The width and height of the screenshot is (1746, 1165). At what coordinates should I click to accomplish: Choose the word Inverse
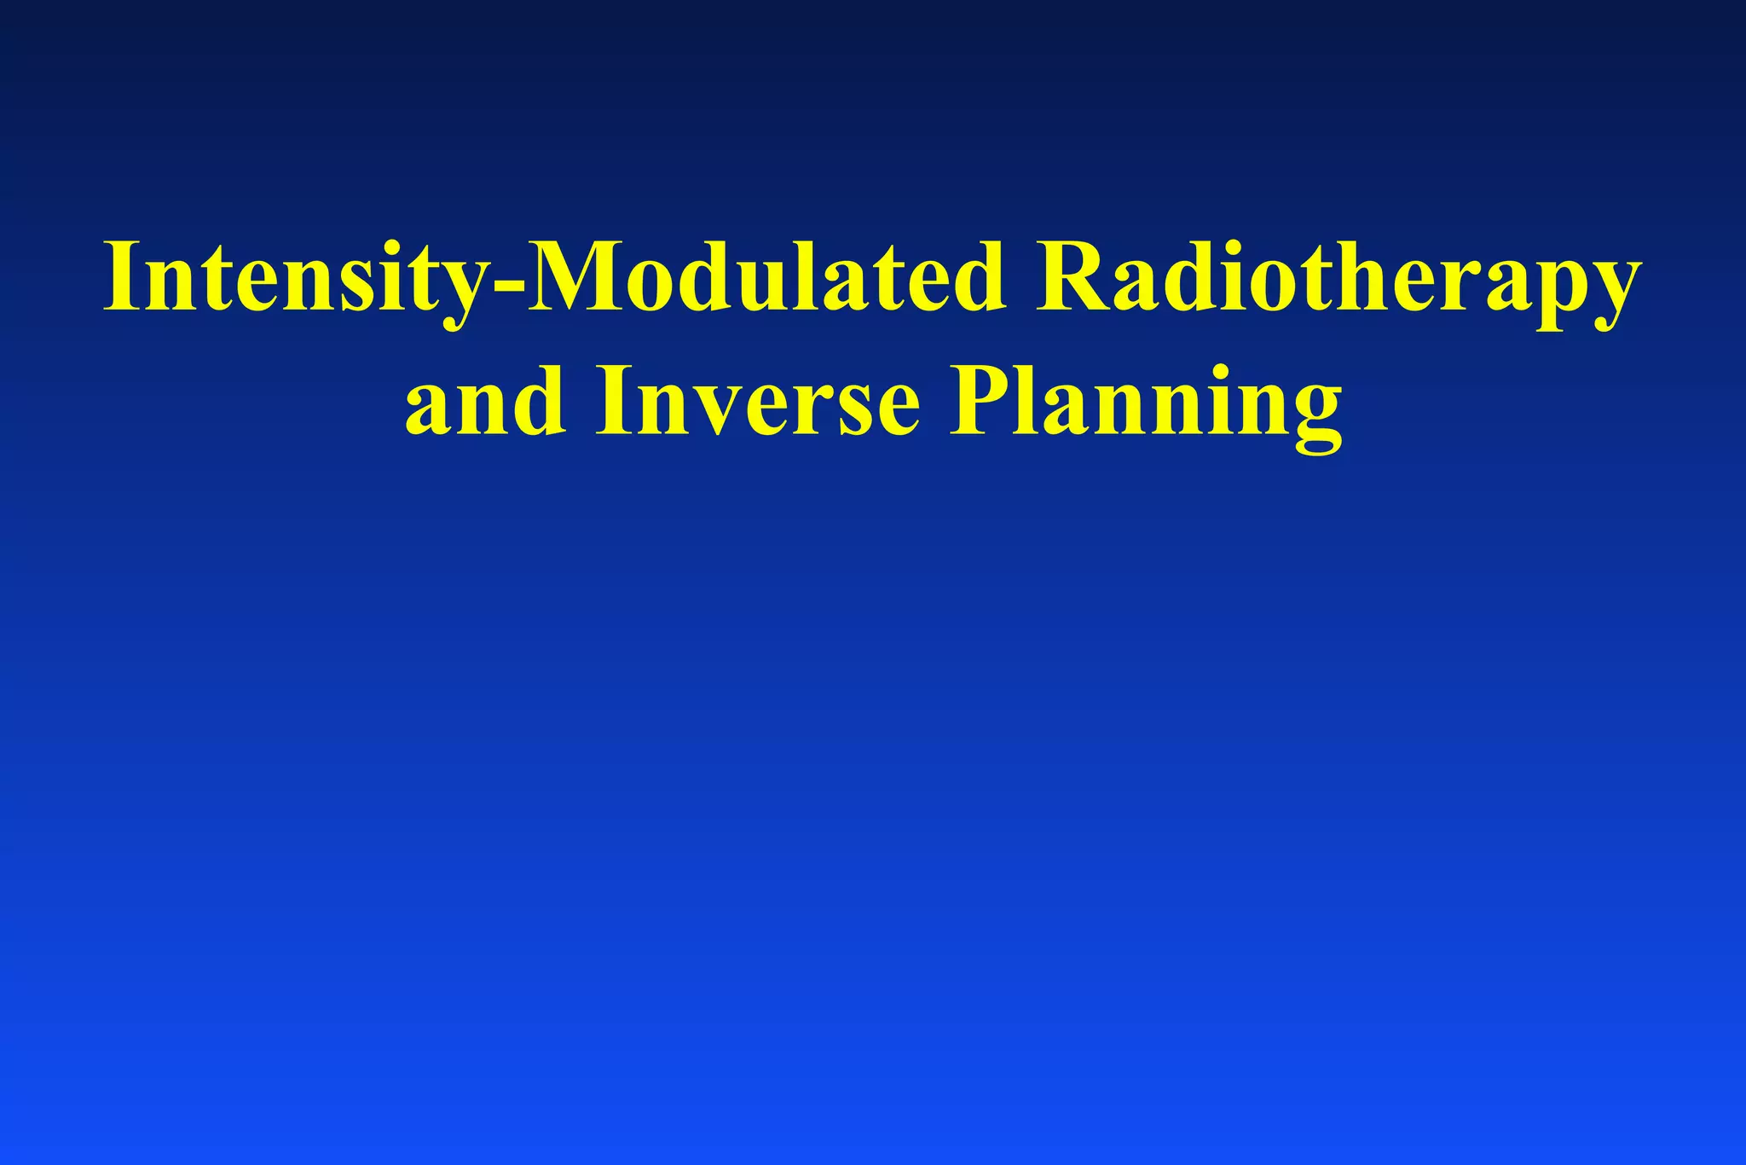(x=757, y=401)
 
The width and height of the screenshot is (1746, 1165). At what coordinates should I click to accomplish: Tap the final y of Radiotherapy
(x=1610, y=294)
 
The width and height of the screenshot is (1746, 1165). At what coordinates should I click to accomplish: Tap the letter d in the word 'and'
(x=537, y=399)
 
